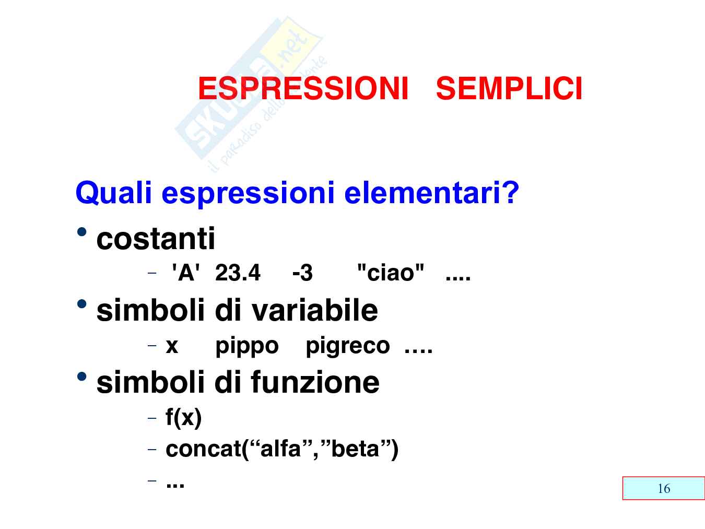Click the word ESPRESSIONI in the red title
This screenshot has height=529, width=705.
coord(303,88)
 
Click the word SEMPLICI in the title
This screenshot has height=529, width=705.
coord(509,88)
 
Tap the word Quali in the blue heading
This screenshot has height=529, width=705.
coord(113,193)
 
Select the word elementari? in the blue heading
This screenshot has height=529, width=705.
coord(432,192)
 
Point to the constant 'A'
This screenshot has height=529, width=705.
coord(186,273)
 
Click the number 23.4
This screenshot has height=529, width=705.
coord(238,273)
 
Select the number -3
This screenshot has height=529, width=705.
coord(302,273)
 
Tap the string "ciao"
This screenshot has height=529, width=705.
coord(391,273)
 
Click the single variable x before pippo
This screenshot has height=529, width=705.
coord(172,346)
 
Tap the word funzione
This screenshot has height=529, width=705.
coord(315,382)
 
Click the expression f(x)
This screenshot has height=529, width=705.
coord(183,418)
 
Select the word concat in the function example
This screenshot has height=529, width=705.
coord(203,449)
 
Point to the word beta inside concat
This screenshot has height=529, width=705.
coord(355,449)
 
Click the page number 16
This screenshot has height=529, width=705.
coord(664,489)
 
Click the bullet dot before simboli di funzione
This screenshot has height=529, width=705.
coord(82,377)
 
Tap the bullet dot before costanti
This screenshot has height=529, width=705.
coord(82,232)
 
